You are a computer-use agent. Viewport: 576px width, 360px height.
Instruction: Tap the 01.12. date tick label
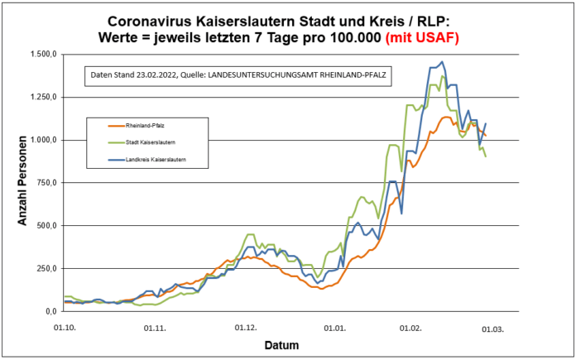pyautogui.click(x=245, y=328)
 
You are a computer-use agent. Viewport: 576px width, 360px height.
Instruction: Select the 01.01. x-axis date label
pyautogui.click(x=334, y=328)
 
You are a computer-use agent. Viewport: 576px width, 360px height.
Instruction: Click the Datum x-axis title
pyautogui.click(x=281, y=344)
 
